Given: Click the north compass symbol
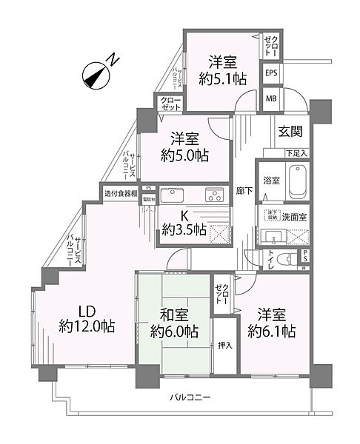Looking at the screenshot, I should (96, 73).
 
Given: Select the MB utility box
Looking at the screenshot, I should (271, 98).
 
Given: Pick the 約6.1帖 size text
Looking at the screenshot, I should (273, 331).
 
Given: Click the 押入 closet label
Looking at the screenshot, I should (224, 345).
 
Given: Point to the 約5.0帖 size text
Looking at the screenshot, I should (185, 155).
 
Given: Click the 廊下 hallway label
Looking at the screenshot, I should (242, 189).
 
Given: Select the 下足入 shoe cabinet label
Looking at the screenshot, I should (296, 153).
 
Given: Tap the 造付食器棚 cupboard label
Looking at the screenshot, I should (121, 194).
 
